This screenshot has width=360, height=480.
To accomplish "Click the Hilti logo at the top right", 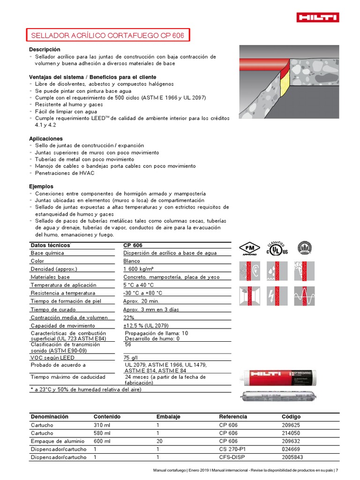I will pos(317,18).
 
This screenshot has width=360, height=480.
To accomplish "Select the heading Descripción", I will pos(45,49).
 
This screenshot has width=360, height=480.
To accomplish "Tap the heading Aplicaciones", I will pos(45,139).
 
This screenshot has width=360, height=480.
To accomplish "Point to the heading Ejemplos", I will pos(41,187).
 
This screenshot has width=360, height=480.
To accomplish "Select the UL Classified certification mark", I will pos(277,248).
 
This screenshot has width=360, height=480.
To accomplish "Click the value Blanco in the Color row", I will pos(132,261).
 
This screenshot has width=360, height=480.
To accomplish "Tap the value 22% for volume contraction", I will pos(129,317).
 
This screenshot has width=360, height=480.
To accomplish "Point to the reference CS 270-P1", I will pos(232,449).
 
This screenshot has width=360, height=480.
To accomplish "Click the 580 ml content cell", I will pos(102,433).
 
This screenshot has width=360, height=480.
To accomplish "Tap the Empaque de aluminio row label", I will pos(57,441).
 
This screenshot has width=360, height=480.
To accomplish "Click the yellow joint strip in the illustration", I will pos(285,87).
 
